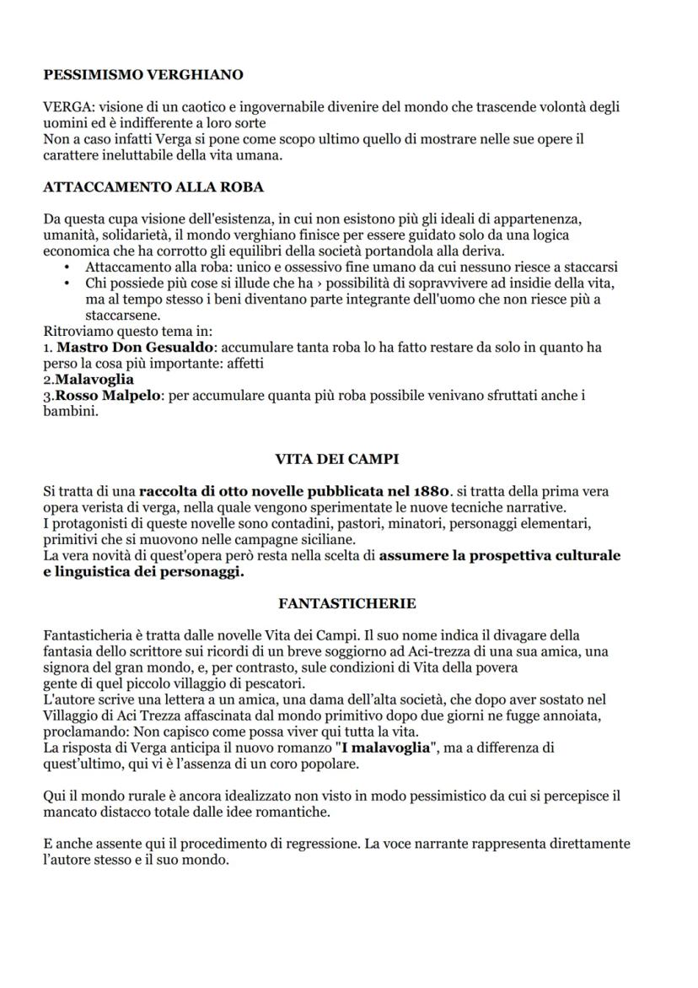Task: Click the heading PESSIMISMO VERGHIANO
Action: point(143,75)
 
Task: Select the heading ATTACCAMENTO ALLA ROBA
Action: point(153,187)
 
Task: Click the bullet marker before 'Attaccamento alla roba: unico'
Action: point(67,267)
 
